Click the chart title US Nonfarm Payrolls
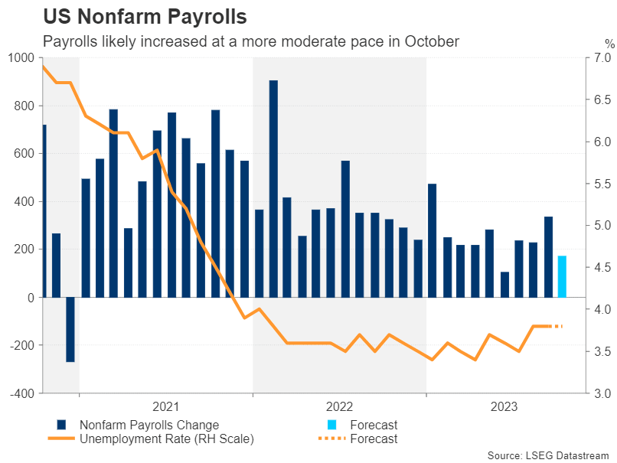point(145,16)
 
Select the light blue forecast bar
point(562,276)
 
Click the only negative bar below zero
point(70,329)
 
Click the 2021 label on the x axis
point(166,407)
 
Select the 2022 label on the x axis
point(339,407)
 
